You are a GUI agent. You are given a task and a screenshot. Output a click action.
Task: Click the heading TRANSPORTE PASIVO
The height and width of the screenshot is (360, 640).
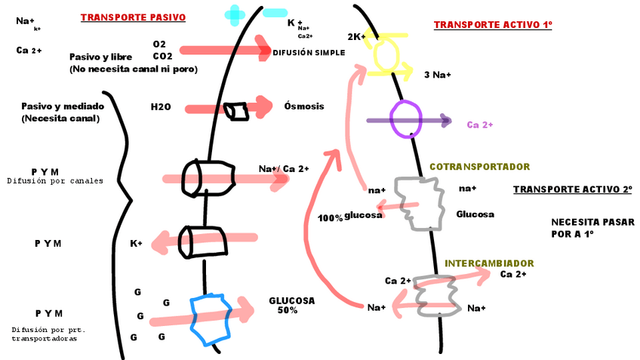pos(133,17)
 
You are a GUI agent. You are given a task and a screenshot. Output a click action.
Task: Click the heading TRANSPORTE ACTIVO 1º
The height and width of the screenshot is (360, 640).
pos(493,25)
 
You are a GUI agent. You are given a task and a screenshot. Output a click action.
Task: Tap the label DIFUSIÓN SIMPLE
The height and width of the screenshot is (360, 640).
pos(309,53)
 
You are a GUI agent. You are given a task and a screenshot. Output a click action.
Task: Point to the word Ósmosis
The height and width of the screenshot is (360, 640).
pos(304,106)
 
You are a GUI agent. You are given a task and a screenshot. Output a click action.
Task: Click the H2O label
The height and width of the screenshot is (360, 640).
pos(161,107)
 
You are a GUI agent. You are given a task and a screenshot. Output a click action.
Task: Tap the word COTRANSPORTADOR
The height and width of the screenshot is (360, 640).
pos(479,167)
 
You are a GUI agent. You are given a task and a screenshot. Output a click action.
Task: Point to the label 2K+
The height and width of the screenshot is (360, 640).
pos(356,36)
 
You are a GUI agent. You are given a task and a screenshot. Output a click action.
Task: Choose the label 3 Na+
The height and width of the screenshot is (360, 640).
pos(438,75)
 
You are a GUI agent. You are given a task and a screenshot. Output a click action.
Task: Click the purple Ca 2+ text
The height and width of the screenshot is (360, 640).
pos(480,125)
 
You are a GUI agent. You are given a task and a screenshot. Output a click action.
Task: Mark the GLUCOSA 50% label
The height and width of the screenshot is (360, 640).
pos(291,305)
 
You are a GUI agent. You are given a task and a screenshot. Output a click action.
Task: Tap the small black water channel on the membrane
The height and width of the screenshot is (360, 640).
pos(238,111)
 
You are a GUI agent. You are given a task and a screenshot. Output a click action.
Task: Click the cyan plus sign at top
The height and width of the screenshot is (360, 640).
pos(235,13)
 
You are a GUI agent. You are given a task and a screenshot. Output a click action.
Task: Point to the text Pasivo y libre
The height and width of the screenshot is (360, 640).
pos(100,57)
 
